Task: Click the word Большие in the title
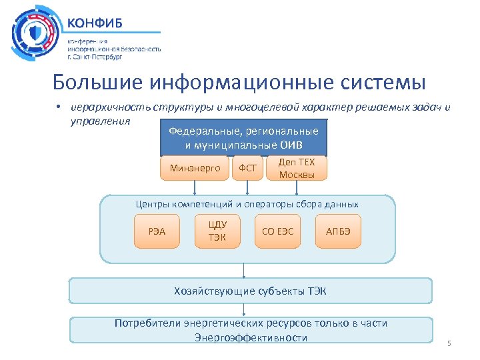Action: [98, 83]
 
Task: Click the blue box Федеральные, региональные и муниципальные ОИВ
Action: [243, 138]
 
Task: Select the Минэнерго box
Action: [195, 169]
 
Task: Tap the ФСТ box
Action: [247, 169]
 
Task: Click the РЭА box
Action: [157, 231]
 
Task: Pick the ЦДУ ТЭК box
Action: [217, 231]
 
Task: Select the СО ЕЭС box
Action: [277, 231]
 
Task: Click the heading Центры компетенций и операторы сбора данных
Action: [247, 205]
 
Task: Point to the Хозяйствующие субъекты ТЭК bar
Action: [251, 291]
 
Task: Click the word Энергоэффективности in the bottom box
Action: [251, 337]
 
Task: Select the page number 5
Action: [449, 344]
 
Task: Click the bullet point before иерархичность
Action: [59, 108]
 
